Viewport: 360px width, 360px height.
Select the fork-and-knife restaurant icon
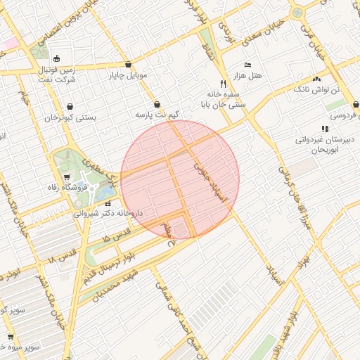[x=224, y=83]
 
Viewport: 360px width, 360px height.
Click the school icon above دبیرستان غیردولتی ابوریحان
[x=324, y=129]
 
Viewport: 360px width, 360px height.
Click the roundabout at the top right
[x=297, y=12]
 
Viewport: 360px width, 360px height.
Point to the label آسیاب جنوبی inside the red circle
[x=210, y=185]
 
